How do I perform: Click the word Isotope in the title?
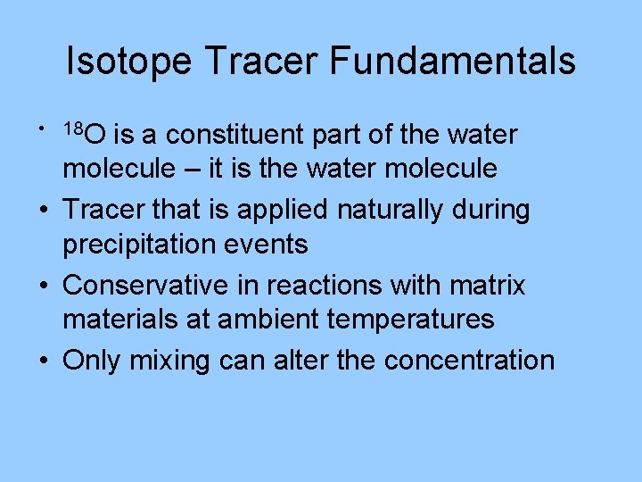(128, 62)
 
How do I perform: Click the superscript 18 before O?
(73, 129)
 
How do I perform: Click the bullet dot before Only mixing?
(44, 361)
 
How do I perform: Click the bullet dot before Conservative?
(44, 286)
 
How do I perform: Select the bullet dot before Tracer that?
(44, 211)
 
